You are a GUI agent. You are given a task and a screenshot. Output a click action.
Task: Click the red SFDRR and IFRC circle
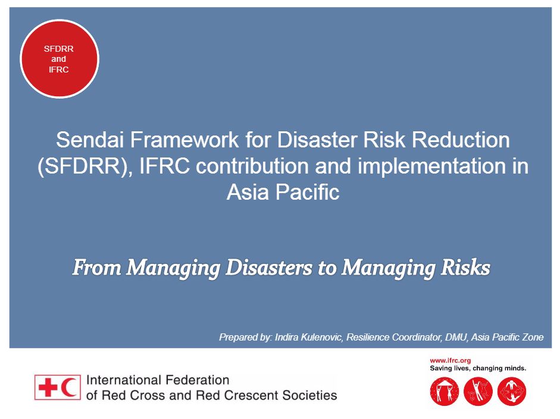click(60, 59)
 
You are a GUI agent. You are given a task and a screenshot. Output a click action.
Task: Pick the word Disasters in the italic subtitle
click(270, 268)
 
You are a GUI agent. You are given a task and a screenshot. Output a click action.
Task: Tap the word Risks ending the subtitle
click(463, 268)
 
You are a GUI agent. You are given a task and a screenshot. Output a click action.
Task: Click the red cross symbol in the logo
click(47, 387)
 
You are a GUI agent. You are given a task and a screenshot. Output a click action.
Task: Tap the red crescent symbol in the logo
click(70, 387)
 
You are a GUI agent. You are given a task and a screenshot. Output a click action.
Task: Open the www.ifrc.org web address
click(450, 360)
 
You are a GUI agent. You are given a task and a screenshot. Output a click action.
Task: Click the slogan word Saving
click(442, 368)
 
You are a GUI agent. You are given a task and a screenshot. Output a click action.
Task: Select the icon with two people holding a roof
click(444, 392)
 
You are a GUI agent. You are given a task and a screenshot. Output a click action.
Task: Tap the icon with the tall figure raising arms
click(477, 392)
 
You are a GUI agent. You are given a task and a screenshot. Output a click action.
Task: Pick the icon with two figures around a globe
click(511, 392)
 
